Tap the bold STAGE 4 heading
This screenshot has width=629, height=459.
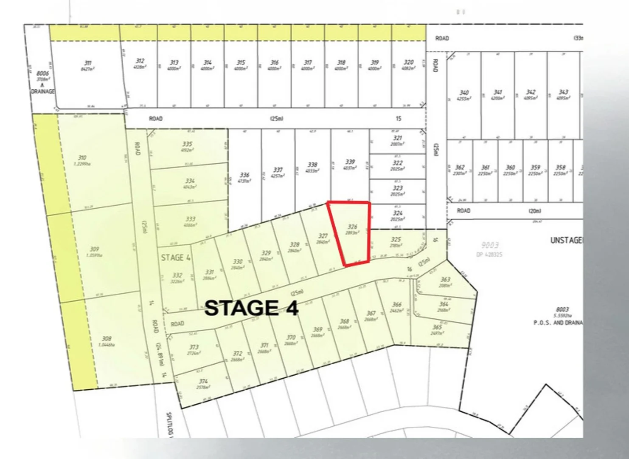pyautogui.click(x=251, y=308)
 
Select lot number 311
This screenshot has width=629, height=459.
pyautogui.click(x=87, y=63)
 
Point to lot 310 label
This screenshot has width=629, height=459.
pyautogui.click(x=82, y=158)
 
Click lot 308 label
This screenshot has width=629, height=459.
pyautogui.click(x=107, y=339)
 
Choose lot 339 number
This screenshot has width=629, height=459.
pyautogui.click(x=350, y=162)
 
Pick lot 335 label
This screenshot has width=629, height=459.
pyautogui.click(x=187, y=144)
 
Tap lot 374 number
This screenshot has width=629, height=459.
pyautogui.click(x=203, y=381)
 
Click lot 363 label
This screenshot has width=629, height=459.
pyautogui.click(x=445, y=280)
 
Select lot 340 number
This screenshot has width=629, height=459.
pyautogui.click(x=464, y=92)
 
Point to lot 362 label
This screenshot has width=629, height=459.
pyautogui.click(x=460, y=167)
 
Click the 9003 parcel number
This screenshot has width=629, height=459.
pyautogui.click(x=490, y=245)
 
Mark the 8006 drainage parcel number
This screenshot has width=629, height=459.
pyautogui.click(x=42, y=74)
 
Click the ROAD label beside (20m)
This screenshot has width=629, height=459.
pyautogui.click(x=463, y=211)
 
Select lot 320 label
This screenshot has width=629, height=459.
pyautogui.click(x=408, y=62)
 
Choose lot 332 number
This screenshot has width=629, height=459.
pyautogui.click(x=177, y=275)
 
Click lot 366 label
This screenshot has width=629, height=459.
pyautogui.click(x=397, y=304)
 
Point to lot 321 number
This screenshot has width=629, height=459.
pyautogui.click(x=397, y=138)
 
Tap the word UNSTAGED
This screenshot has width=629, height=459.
pyautogui.click(x=566, y=241)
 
